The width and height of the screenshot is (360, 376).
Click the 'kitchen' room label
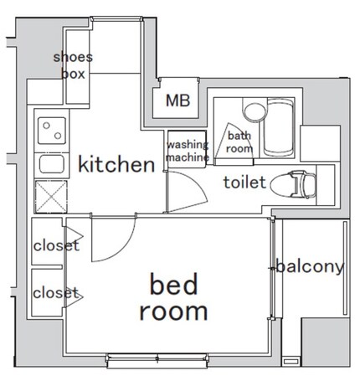point(116,164)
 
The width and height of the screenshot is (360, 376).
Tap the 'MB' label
point(178,100)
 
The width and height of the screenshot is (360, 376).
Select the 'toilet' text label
point(244,182)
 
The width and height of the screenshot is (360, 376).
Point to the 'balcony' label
point(310,266)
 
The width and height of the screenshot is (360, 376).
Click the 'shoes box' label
point(73,65)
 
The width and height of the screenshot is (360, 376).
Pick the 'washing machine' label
point(188,151)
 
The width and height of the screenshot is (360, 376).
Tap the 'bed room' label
point(173,297)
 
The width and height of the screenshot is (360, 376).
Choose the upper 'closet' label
point(56,245)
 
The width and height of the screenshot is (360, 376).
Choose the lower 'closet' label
point(56,293)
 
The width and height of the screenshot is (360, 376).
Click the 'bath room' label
point(239,142)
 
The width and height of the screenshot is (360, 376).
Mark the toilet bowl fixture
point(293,184)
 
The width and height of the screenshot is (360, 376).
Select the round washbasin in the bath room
point(255,112)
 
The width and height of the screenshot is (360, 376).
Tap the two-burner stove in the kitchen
point(52,131)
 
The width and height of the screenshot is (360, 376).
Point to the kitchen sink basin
point(52,164)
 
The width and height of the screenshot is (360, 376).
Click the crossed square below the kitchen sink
point(51,197)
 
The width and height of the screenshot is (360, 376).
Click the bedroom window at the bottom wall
point(157,358)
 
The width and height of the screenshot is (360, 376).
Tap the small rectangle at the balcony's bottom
point(291,362)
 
